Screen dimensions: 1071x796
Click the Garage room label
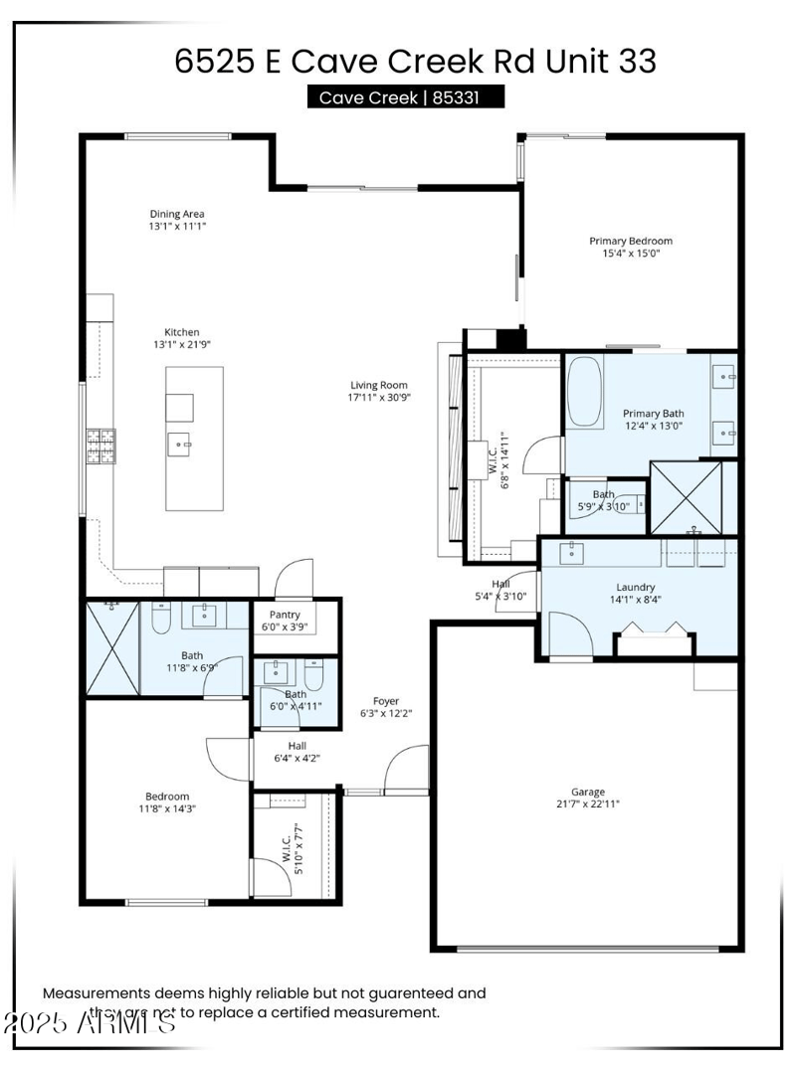tap(588, 792)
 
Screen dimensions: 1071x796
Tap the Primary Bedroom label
tap(630, 241)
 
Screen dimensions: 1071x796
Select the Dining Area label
tap(177, 214)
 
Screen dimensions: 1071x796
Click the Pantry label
tap(285, 615)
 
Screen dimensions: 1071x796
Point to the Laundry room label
tap(635, 587)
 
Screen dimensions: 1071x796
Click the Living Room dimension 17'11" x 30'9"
tap(378, 398)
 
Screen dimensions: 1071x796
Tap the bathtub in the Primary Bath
tap(584, 391)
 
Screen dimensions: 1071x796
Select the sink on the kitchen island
tap(180, 444)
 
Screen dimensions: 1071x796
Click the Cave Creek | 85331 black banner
tap(405, 97)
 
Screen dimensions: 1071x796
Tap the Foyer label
tap(386, 701)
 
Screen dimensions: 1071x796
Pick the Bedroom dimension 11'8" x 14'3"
tap(166, 808)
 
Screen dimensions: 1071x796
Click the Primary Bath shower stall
tap(693, 497)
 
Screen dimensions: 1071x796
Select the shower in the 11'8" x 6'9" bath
tap(111, 649)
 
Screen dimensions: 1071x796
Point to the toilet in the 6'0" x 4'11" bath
tap(314, 677)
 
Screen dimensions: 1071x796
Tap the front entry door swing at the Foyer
tap(406, 768)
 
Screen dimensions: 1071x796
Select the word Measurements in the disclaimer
tap(96, 992)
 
